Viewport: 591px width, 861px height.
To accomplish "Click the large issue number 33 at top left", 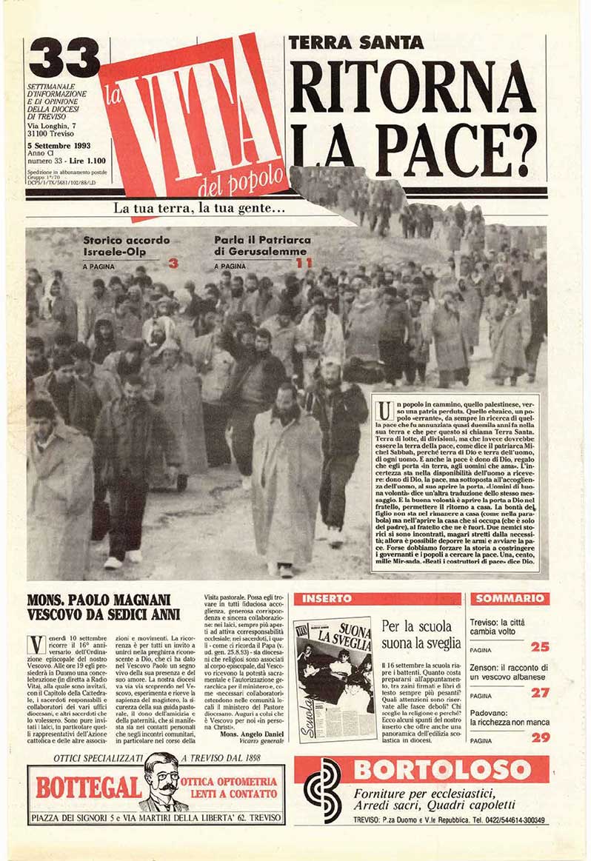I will (64, 58).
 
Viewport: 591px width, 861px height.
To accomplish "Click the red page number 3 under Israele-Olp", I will (173, 263).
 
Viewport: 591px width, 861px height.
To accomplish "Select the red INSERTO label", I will (321, 598).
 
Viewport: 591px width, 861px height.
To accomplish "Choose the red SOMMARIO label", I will (510, 598).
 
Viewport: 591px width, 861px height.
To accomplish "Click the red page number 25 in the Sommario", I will (540, 646).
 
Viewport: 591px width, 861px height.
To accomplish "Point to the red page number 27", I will (540, 692).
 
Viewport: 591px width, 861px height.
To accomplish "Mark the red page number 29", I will (540, 737).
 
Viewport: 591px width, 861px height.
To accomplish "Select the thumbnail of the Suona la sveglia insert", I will (336, 679).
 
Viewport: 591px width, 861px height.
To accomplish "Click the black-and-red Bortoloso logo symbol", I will (323, 791).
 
